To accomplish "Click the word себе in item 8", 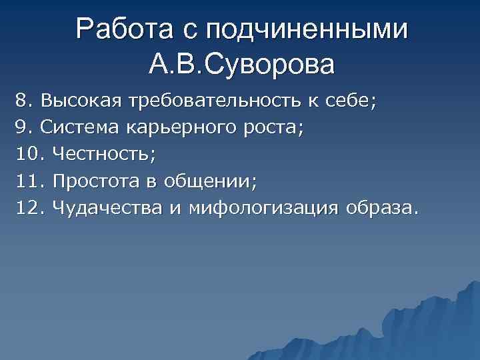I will click(x=349, y=101).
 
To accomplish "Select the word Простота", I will click(x=92, y=181).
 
